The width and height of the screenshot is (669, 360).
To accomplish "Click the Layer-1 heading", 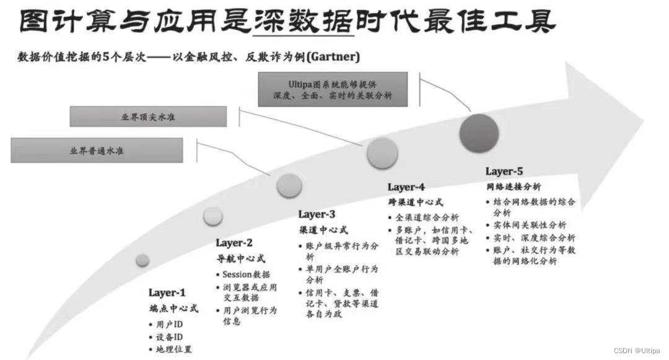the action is pyautogui.click(x=167, y=292).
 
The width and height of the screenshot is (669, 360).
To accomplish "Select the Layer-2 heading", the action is pyautogui.click(x=234, y=243).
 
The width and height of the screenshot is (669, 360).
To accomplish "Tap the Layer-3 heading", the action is pyautogui.click(x=317, y=214).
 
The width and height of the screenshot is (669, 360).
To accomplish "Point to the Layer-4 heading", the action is pyautogui.click(x=406, y=187).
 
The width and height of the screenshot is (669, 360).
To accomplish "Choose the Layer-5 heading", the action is pyautogui.click(x=504, y=171).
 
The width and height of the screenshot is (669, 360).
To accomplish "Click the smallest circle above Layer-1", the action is pyautogui.click(x=142, y=260).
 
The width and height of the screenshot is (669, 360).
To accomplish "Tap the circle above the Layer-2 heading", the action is pyautogui.click(x=212, y=216).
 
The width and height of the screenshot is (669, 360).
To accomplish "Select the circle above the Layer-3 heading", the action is pyautogui.click(x=289, y=185).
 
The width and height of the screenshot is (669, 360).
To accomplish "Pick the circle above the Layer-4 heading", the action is pyautogui.click(x=382, y=153).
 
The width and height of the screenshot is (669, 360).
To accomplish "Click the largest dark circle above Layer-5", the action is pyautogui.click(x=479, y=133).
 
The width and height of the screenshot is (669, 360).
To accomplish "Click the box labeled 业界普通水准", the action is pyautogui.click(x=97, y=151).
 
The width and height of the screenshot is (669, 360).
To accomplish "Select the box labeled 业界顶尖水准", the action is pyautogui.click(x=149, y=116).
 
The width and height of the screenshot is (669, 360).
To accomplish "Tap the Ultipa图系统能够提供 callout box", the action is pyautogui.click(x=333, y=89).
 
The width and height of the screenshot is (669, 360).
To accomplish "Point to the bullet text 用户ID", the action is pyautogui.click(x=169, y=325).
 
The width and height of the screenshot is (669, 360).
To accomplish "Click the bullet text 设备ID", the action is pyautogui.click(x=169, y=337).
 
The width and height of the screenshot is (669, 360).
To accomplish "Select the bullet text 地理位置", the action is pyautogui.click(x=174, y=349).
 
